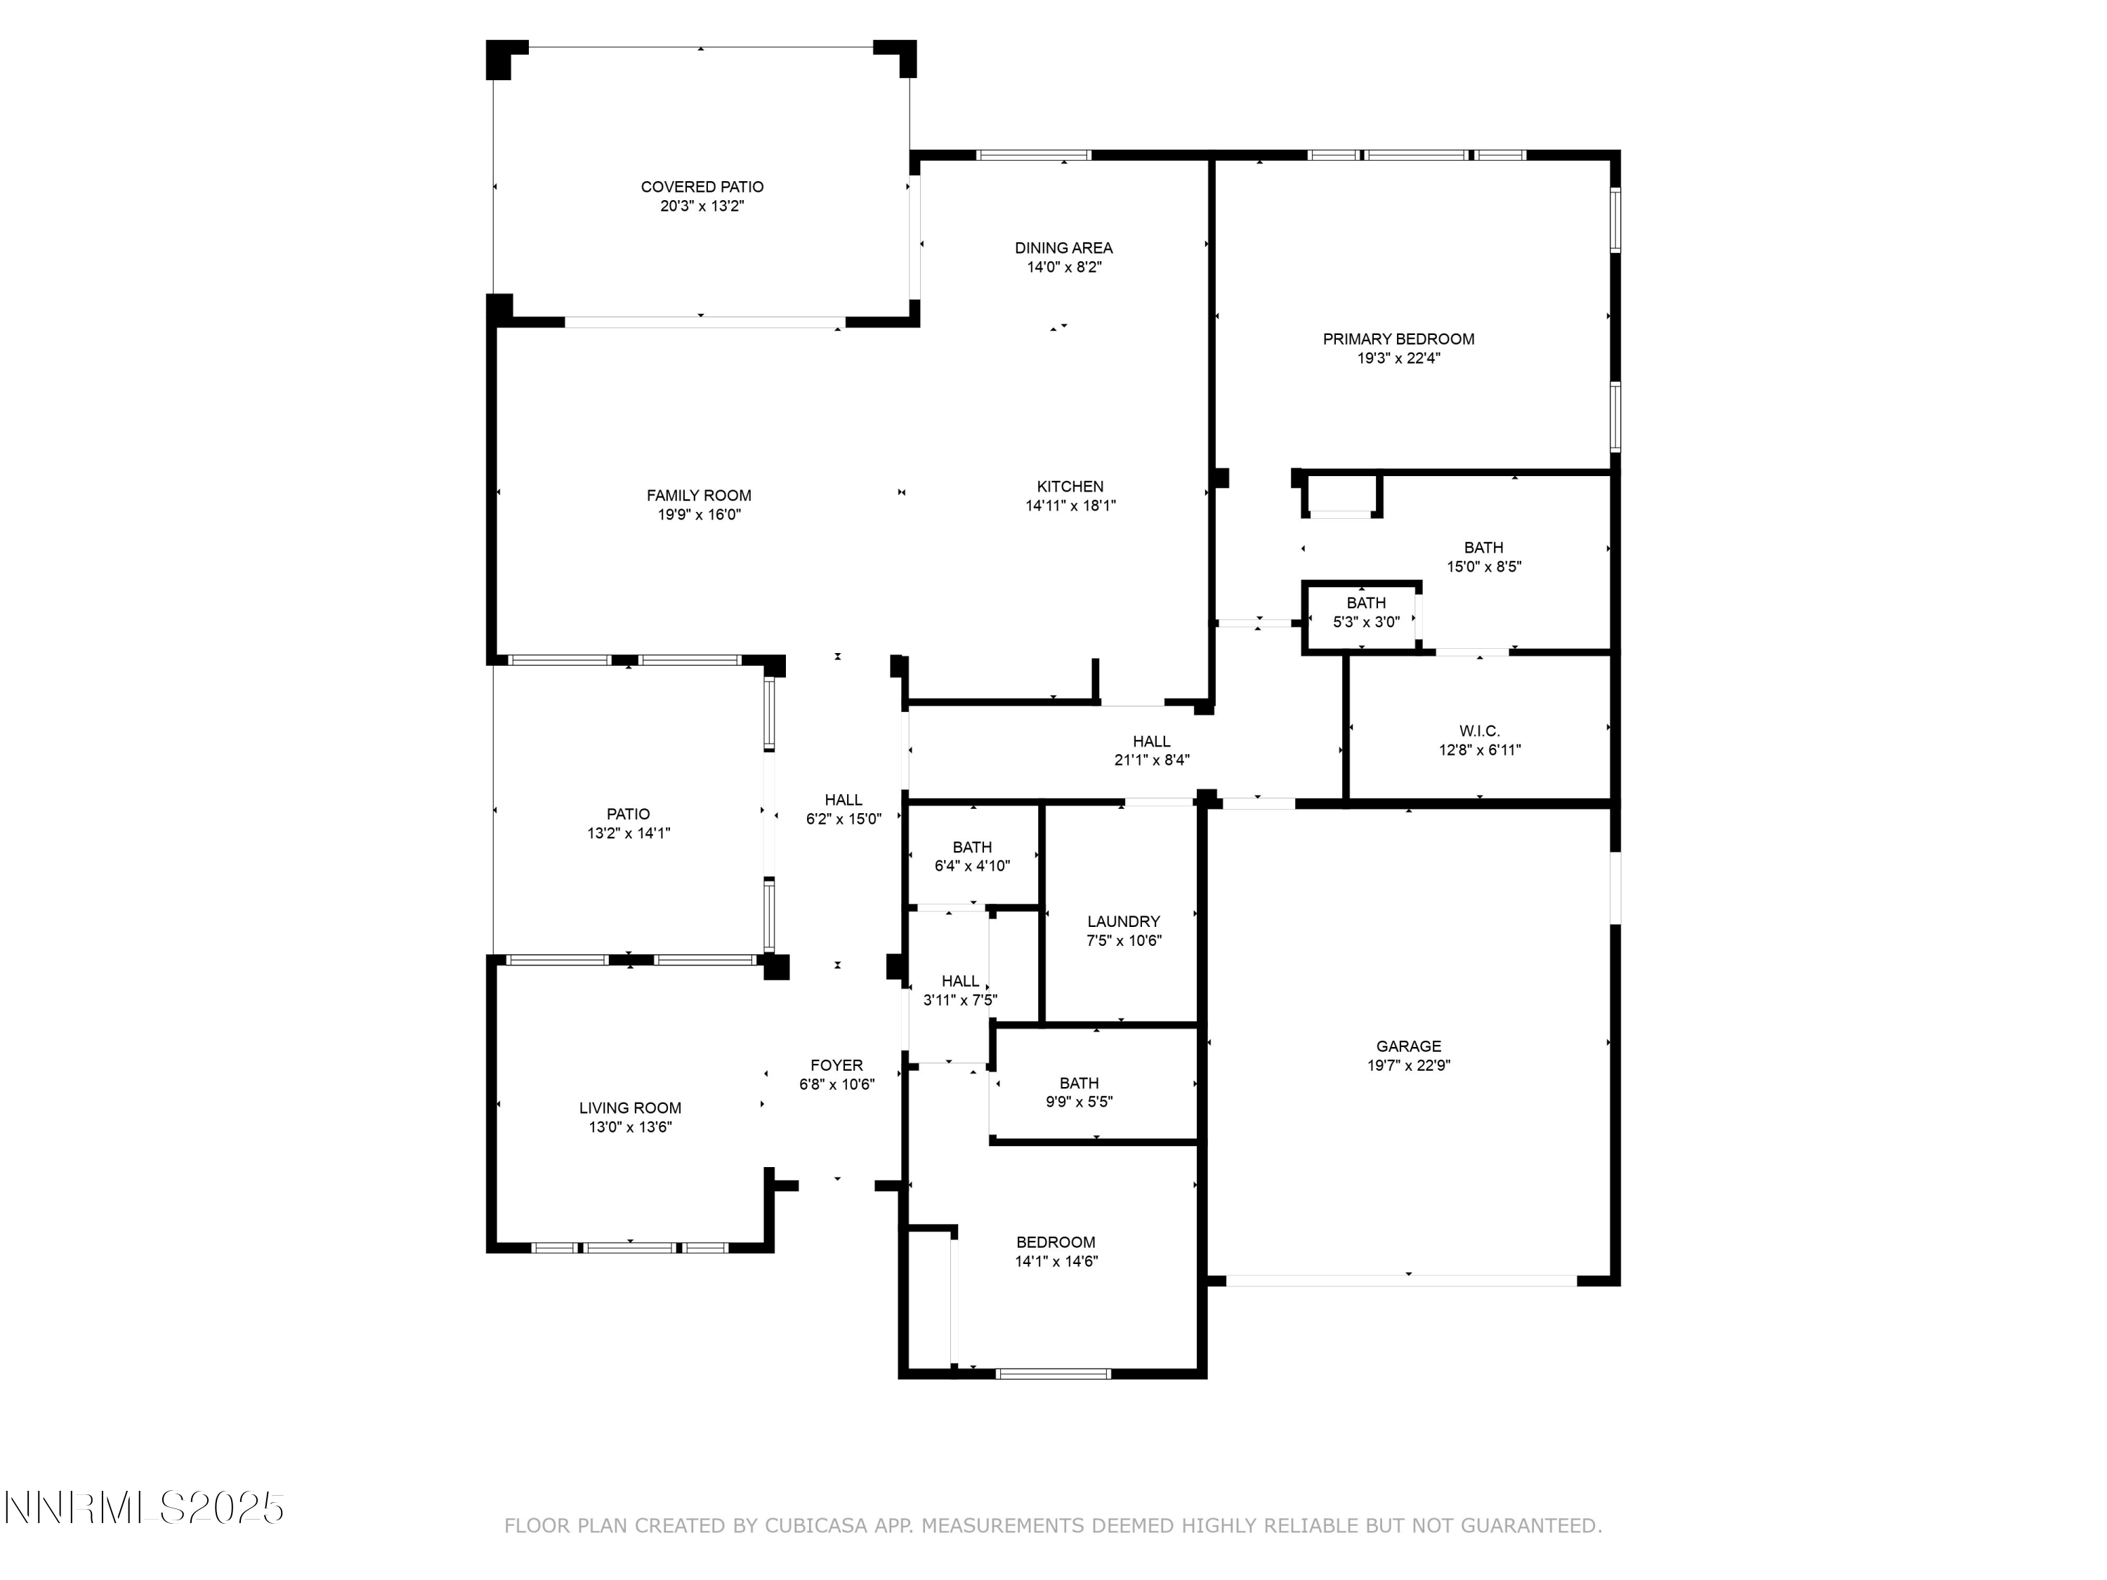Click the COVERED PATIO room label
pyautogui.click(x=702, y=187)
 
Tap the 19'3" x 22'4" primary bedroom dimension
pyautogui.click(x=1398, y=358)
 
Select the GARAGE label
pyautogui.click(x=1409, y=1046)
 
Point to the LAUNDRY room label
pyautogui.click(x=1124, y=921)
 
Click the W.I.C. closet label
pyautogui.click(x=1479, y=730)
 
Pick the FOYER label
pyautogui.click(x=836, y=1065)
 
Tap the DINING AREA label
pyautogui.click(x=1063, y=248)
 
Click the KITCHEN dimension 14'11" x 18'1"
pyautogui.click(x=1070, y=506)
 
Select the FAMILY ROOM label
pyautogui.click(x=699, y=495)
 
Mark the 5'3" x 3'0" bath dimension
pyautogui.click(x=1366, y=622)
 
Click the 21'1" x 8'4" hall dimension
pyautogui.click(x=1152, y=760)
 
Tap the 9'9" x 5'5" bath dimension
pyautogui.click(x=1079, y=1102)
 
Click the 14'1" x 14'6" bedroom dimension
pyautogui.click(x=1056, y=1261)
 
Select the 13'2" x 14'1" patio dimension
pyautogui.click(x=629, y=834)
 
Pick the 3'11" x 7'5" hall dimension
pyautogui.click(x=960, y=1000)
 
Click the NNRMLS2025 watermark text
pyautogui.click(x=145, y=1508)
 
